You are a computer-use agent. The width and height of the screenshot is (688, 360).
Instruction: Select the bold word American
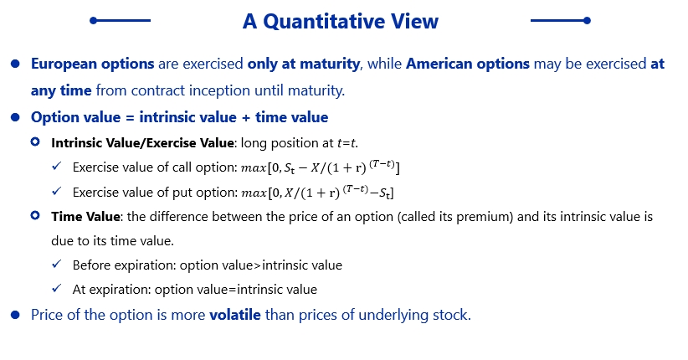click(439, 64)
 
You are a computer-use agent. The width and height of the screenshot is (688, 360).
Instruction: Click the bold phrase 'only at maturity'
click(304, 64)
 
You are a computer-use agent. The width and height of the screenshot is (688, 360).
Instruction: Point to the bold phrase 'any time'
click(61, 91)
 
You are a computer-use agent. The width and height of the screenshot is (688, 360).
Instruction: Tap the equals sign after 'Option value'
click(130, 118)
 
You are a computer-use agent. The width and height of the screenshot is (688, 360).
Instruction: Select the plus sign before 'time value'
click(246, 118)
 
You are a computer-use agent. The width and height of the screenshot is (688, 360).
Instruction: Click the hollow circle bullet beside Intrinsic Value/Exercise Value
click(35, 141)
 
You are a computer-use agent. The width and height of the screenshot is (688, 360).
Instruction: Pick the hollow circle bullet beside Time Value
click(35, 215)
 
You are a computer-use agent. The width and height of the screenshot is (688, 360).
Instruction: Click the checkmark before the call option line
click(57, 166)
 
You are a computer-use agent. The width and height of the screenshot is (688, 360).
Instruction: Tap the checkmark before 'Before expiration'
click(57, 264)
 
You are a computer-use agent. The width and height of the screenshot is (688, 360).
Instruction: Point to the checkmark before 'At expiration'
click(57, 288)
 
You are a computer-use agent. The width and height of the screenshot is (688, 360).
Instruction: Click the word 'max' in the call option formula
click(254, 168)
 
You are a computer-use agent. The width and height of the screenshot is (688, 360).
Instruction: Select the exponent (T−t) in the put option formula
click(356, 189)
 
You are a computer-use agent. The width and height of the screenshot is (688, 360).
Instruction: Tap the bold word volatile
click(235, 315)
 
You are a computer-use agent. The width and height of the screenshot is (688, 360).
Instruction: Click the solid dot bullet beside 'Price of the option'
click(15, 316)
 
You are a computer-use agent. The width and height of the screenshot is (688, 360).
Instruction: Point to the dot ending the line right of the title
click(587, 21)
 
